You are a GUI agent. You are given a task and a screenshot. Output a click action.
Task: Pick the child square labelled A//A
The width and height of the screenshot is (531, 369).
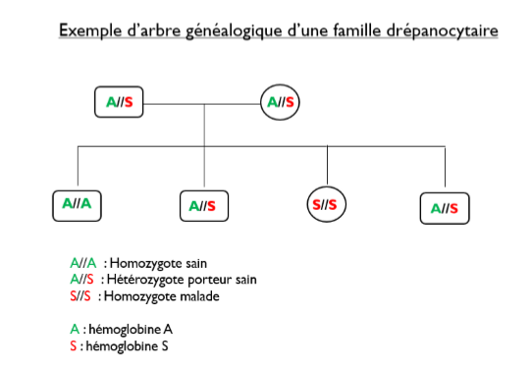pos(77,204)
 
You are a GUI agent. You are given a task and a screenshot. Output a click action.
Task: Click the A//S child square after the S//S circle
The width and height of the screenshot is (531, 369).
pos(445,207)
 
